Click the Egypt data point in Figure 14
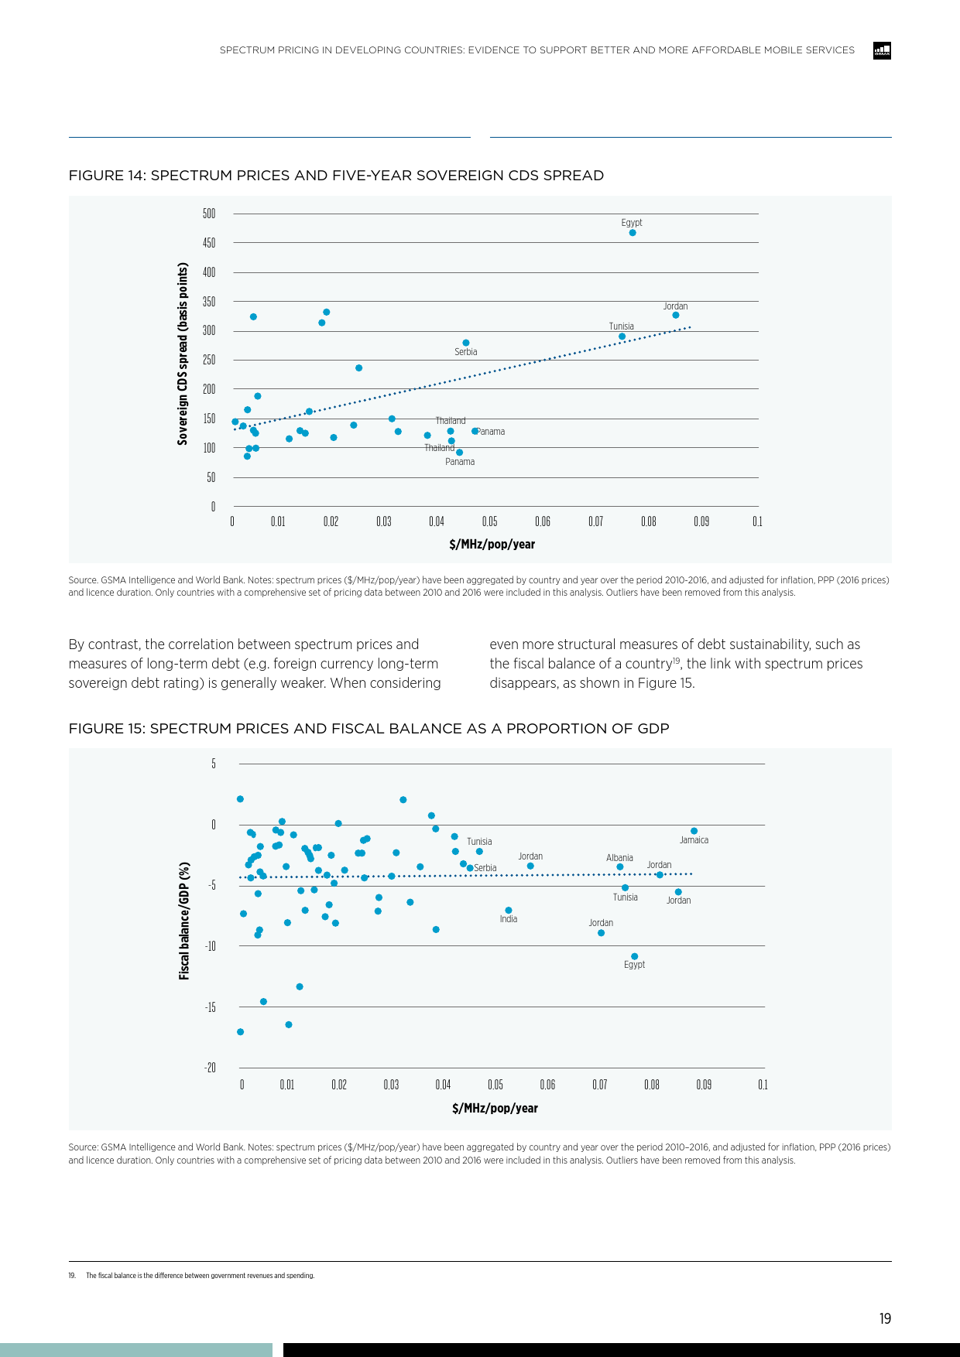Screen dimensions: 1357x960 click(x=633, y=233)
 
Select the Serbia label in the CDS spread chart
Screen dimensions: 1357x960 click(x=466, y=352)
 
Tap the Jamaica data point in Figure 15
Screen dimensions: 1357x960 click(x=694, y=831)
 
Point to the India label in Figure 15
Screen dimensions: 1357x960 click(x=509, y=919)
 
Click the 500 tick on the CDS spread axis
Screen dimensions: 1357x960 click(x=209, y=214)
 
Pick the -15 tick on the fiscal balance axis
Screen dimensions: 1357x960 click(x=210, y=1007)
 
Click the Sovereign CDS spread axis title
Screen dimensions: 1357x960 click(x=183, y=354)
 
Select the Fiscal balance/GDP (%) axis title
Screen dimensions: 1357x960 click(x=184, y=921)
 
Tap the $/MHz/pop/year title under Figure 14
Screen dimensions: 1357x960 click(x=492, y=545)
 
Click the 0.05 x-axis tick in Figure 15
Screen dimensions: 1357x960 click(x=495, y=1085)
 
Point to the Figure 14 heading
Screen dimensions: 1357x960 click(x=336, y=176)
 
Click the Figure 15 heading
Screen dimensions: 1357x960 click(x=369, y=729)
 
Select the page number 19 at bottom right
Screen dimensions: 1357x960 click(x=885, y=1319)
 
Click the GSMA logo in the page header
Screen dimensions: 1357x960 click(x=882, y=51)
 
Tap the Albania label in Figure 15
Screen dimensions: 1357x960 click(x=619, y=858)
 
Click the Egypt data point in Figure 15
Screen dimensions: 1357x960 click(x=635, y=956)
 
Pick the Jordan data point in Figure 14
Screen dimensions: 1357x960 click(x=676, y=316)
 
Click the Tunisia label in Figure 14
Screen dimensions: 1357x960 click(x=622, y=326)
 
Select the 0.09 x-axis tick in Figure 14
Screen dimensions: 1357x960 click(x=701, y=521)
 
